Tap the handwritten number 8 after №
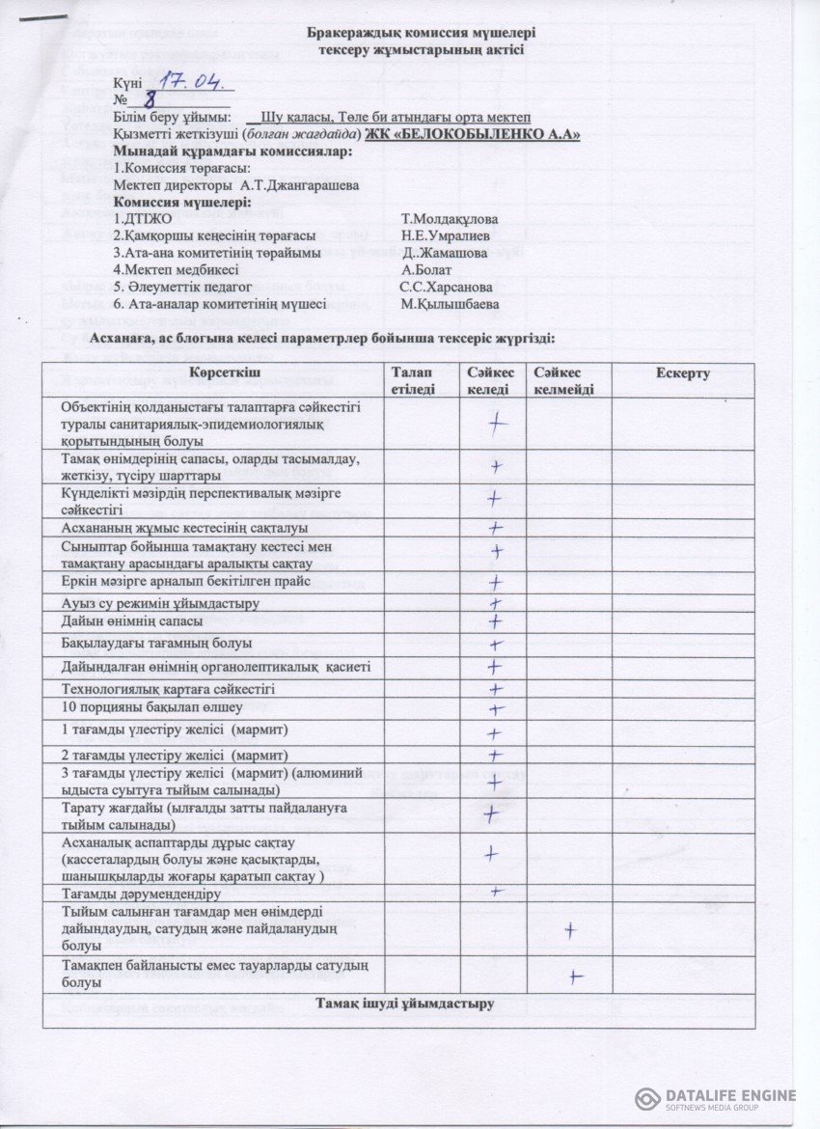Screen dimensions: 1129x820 [150, 98]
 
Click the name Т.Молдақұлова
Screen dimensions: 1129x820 [450, 219]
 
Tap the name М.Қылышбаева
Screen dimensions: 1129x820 [450, 304]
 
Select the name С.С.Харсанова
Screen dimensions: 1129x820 [446, 287]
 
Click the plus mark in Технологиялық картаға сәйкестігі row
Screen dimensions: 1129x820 [495, 689]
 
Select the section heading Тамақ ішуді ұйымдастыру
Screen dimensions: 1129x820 [405, 1004]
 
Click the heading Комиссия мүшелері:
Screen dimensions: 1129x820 [182, 203]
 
